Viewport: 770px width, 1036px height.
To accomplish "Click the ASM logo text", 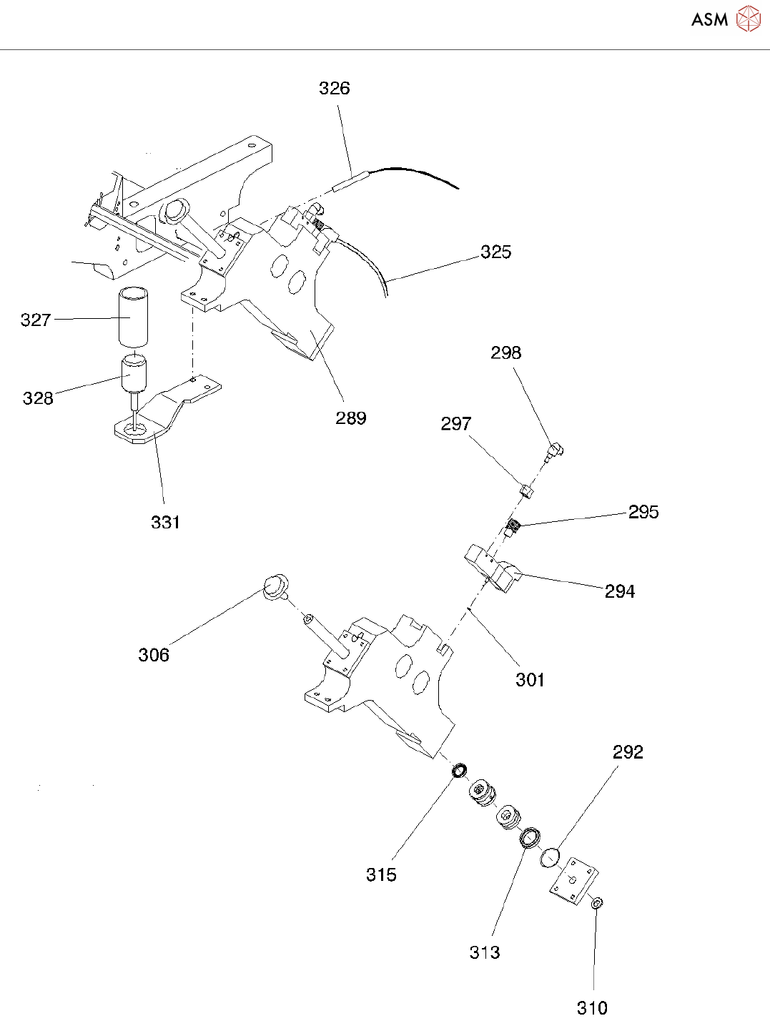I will (x=709, y=20).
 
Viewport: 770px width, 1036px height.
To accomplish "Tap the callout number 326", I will (x=334, y=88).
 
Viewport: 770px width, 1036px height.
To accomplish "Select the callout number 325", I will (x=495, y=252).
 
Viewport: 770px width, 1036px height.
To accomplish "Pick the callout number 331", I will (x=165, y=522).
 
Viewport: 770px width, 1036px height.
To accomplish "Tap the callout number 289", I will (x=350, y=418).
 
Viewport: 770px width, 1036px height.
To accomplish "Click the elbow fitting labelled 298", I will (x=555, y=450).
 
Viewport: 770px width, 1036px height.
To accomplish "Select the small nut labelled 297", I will (x=526, y=490).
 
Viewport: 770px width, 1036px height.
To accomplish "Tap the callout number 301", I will (x=530, y=679).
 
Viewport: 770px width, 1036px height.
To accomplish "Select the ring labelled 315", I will (x=459, y=771).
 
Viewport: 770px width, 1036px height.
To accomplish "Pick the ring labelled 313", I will (x=530, y=837).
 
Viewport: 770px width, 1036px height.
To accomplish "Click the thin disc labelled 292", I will (x=550, y=856).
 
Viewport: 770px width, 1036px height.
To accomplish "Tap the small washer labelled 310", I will (x=596, y=904).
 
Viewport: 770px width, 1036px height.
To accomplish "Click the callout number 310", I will (x=592, y=1008).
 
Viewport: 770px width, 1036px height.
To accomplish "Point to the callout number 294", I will (x=619, y=591).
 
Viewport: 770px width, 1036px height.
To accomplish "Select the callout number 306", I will (x=154, y=655).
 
